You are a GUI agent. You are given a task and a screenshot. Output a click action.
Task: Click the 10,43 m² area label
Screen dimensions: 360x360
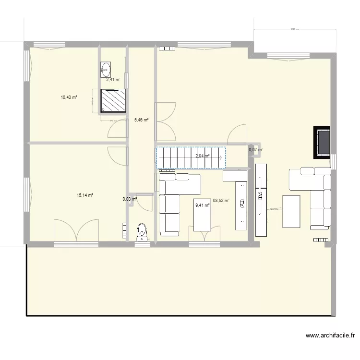point(69,97)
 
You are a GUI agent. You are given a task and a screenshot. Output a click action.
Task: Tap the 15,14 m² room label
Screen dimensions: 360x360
point(84,195)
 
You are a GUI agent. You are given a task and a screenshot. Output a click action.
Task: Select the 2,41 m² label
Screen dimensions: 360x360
point(113,80)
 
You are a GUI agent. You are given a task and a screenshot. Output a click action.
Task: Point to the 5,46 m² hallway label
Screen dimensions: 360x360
point(141,120)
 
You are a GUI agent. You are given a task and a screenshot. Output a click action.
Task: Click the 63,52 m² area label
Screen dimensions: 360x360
point(221,201)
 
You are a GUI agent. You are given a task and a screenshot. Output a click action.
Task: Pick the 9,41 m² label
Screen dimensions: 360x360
point(202,205)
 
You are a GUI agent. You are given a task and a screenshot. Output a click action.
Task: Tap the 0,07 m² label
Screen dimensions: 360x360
point(256,150)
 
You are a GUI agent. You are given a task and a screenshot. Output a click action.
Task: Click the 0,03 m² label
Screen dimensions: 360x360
point(130,199)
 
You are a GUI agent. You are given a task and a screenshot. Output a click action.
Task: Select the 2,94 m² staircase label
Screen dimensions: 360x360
point(203,156)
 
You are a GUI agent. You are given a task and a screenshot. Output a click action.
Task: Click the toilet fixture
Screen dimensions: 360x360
point(142,231)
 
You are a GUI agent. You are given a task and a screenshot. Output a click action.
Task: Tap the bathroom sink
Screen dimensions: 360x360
point(106,69)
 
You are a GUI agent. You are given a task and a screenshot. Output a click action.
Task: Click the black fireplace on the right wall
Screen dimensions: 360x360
point(322,142)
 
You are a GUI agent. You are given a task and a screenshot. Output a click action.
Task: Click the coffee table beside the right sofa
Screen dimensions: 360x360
point(291,211)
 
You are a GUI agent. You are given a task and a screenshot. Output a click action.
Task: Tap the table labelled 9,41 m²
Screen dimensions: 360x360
point(202,214)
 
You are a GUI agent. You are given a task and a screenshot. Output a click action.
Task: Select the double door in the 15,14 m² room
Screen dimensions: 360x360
point(76,230)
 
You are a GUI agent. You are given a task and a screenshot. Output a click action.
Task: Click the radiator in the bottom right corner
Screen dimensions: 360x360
point(320,239)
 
